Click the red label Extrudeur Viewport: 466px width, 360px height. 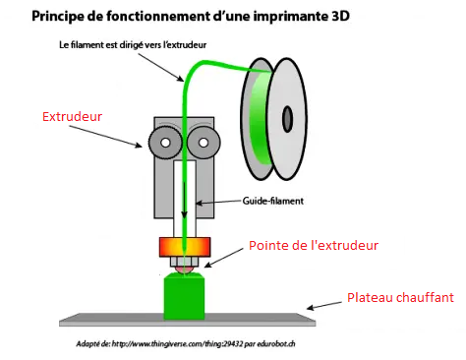72,117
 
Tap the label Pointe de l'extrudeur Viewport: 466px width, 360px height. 314,246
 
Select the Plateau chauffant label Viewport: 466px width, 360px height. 400,298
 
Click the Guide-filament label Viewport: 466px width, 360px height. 273,201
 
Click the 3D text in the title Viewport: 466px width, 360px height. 341,16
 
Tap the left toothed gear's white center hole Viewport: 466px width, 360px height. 165,143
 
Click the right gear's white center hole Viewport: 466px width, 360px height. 204,143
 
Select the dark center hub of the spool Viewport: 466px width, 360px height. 287,119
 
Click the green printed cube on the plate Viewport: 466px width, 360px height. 184,296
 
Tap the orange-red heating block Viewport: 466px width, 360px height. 185,247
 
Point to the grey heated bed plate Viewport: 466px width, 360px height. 187,320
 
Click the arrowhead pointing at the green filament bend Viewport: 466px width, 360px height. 181,79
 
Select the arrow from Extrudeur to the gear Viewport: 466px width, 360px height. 105,137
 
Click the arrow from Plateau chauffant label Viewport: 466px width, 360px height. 324,306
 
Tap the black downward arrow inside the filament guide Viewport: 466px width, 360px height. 185,200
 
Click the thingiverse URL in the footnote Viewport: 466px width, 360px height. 178,344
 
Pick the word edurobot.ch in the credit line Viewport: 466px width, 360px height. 276,344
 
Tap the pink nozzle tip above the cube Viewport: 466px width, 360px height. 184,270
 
